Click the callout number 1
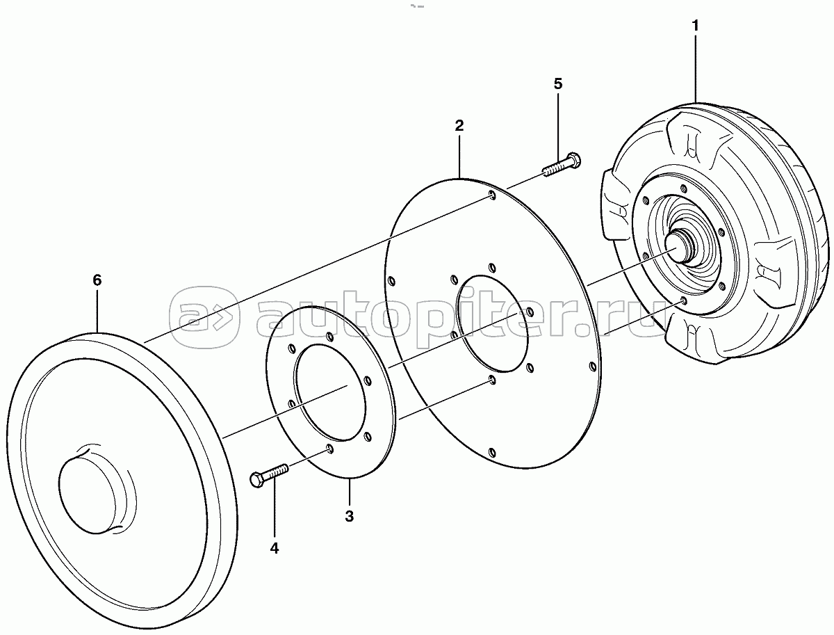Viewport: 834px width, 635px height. (x=695, y=26)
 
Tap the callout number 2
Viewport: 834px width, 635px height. (x=459, y=125)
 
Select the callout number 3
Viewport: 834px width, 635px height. (x=349, y=516)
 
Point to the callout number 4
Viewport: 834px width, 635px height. (x=275, y=548)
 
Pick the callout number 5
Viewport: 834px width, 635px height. (x=558, y=83)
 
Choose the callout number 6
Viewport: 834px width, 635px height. (x=97, y=280)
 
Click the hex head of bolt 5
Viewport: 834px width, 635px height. (x=573, y=161)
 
